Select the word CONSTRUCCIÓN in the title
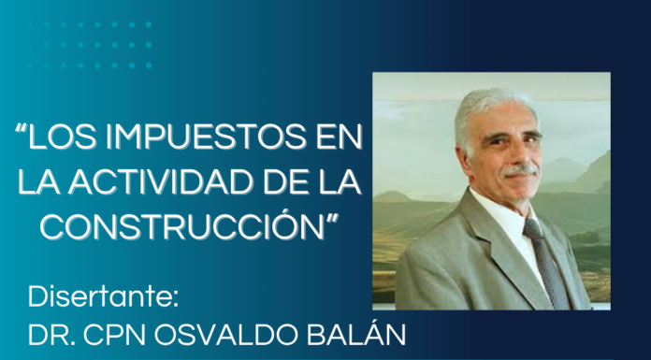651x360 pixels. pos(181,225)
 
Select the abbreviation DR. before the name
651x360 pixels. pos(51,335)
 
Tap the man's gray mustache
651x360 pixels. pos(520,170)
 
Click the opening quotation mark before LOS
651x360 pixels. pos(21,130)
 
